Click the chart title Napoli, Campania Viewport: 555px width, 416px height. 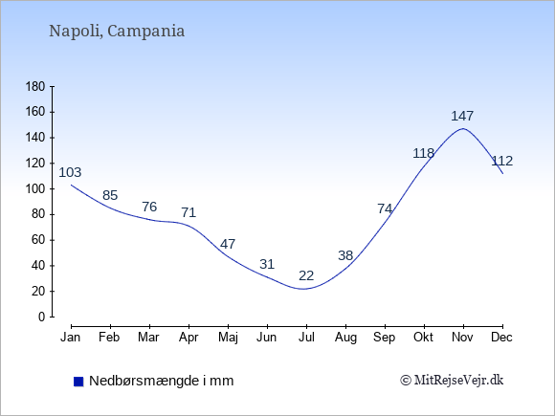click(x=117, y=32)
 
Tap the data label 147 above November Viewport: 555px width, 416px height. click(x=462, y=116)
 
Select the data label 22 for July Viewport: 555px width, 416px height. click(x=306, y=275)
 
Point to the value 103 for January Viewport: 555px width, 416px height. click(x=70, y=172)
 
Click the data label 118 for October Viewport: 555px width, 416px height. click(x=424, y=153)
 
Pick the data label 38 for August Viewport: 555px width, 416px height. click(x=345, y=255)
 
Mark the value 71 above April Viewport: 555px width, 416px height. click(x=189, y=212)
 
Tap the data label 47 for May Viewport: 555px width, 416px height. click(x=228, y=244)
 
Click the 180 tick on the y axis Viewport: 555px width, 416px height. click(x=35, y=87)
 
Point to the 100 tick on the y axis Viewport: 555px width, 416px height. click(x=35, y=189)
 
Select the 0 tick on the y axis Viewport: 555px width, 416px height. click(x=42, y=317)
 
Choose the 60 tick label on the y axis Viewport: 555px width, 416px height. click(x=38, y=240)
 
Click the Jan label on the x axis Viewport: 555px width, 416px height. click(x=71, y=338)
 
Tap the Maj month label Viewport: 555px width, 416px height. click(x=228, y=338)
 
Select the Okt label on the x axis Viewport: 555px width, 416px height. click(x=423, y=338)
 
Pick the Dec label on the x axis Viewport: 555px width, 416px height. click(x=502, y=338)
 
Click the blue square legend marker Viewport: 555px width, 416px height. click(x=78, y=382)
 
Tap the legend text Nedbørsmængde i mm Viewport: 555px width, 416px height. click(x=162, y=381)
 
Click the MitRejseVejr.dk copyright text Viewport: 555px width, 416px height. click(x=452, y=381)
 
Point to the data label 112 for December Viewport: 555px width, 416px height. click(x=502, y=161)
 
